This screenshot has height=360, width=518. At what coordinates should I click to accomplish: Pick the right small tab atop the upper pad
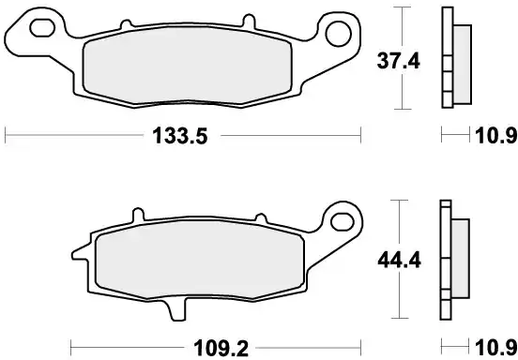pyautogui.click(x=247, y=22)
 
